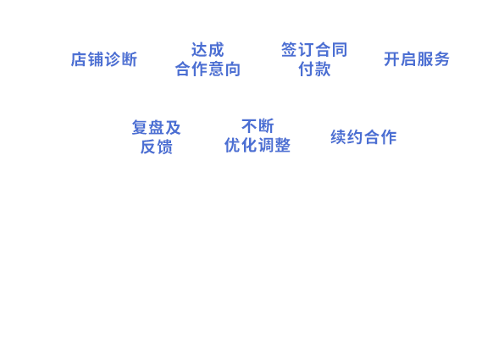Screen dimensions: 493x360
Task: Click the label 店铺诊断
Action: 104,59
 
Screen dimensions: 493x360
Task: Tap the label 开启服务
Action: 417,59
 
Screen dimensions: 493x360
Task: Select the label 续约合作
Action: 363,137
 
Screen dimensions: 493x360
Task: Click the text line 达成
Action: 208,50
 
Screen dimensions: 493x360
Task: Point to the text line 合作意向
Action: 208,69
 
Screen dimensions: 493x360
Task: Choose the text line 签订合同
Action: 314,50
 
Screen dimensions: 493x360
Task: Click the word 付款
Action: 314,69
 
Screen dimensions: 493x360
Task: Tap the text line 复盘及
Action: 156,127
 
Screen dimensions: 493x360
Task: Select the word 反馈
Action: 156,147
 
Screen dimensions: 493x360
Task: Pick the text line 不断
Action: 258,126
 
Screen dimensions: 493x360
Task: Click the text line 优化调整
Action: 258,145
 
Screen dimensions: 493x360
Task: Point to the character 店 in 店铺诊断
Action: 79,59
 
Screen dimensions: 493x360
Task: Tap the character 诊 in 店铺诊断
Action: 113,59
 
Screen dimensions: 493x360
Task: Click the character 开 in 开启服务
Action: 391,59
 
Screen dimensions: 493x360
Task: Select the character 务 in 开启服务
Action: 441,59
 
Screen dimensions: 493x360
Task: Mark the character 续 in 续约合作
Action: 339,137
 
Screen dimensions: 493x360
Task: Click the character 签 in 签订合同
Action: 289,50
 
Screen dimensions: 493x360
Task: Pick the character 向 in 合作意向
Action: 233,69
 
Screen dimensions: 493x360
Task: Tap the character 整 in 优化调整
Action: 282,145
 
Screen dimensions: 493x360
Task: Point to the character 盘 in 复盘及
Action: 156,127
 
